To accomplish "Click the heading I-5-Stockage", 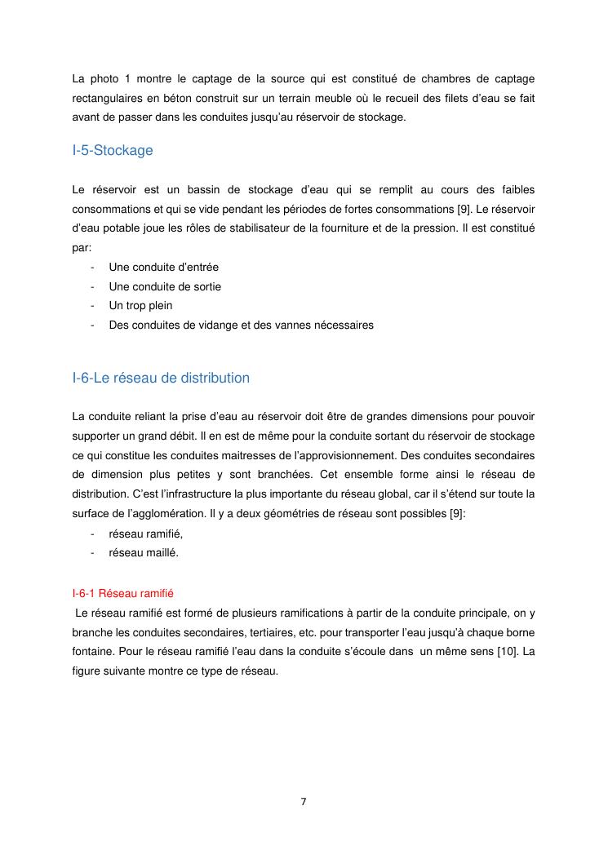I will click(113, 151).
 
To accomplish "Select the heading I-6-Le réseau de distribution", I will click(161, 379).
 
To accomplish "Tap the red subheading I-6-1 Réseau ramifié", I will click(122, 594).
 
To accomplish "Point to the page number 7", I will click(304, 801).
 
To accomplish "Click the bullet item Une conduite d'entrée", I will click(163, 267).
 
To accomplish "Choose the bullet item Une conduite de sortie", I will click(165, 286).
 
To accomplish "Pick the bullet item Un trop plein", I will click(140, 306).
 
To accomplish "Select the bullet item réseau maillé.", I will click(143, 553).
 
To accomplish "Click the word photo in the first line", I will click(105, 79).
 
